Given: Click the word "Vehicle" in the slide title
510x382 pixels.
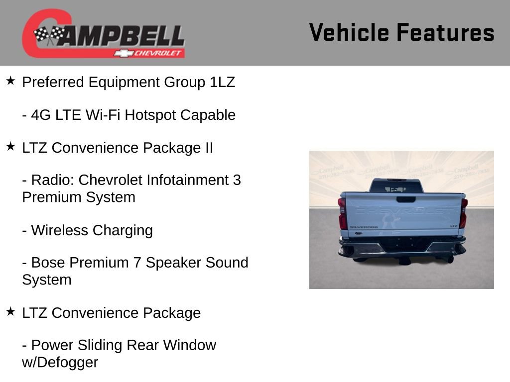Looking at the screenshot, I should coord(349,32).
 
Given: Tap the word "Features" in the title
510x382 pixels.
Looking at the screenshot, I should coord(445,32).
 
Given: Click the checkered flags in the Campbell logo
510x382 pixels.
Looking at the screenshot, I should coord(49,35).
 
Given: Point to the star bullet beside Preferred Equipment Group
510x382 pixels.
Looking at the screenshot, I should coord(10,81).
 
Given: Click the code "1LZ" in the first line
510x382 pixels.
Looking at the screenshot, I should coord(222,82).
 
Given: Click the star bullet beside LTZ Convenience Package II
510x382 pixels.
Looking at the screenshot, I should coord(10,146).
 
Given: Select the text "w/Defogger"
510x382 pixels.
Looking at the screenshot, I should coord(60,362).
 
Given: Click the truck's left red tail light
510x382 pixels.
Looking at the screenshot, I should coord(343,213).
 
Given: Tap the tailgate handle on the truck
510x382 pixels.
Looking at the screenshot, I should coord(406,199).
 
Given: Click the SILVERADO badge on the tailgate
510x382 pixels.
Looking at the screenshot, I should coord(364,226).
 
